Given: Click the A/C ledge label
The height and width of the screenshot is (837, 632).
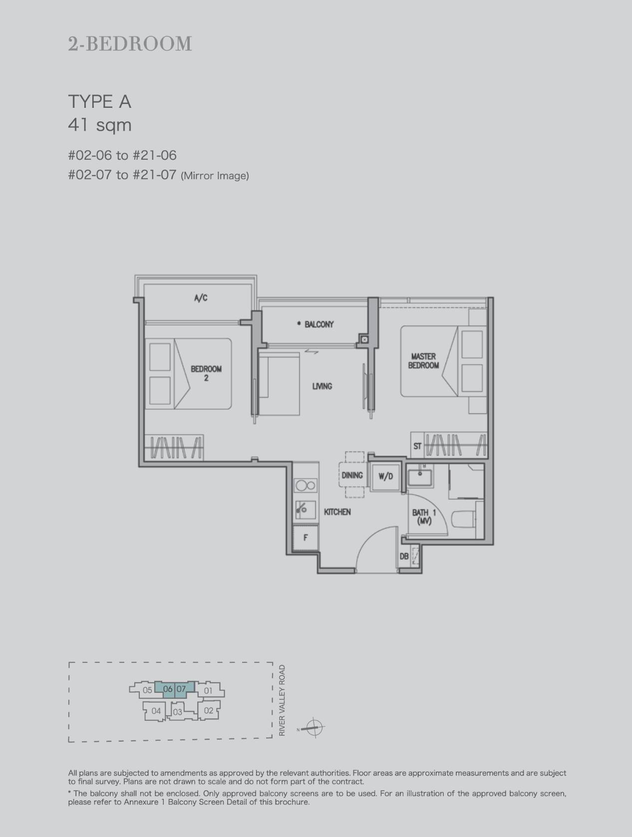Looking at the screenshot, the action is (201, 298).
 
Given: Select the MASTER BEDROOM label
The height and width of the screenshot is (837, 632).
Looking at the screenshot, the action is (423, 361).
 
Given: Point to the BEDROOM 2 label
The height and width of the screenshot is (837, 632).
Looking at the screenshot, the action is (206, 373).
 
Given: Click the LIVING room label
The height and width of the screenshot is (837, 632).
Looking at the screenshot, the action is (322, 386).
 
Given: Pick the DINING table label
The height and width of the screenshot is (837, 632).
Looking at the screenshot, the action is (352, 475).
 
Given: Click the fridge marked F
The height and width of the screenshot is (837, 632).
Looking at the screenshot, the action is (305, 538).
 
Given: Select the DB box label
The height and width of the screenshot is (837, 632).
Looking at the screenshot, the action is (404, 557).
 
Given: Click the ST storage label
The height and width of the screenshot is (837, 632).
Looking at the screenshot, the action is (417, 446).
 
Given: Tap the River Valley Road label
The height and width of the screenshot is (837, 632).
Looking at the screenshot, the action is (282, 700).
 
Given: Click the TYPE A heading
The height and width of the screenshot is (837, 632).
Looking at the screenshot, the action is (99, 102).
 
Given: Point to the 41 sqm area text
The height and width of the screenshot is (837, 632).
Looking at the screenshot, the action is (100, 125).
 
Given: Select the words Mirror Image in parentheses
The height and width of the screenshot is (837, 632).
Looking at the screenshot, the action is (215, 176).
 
